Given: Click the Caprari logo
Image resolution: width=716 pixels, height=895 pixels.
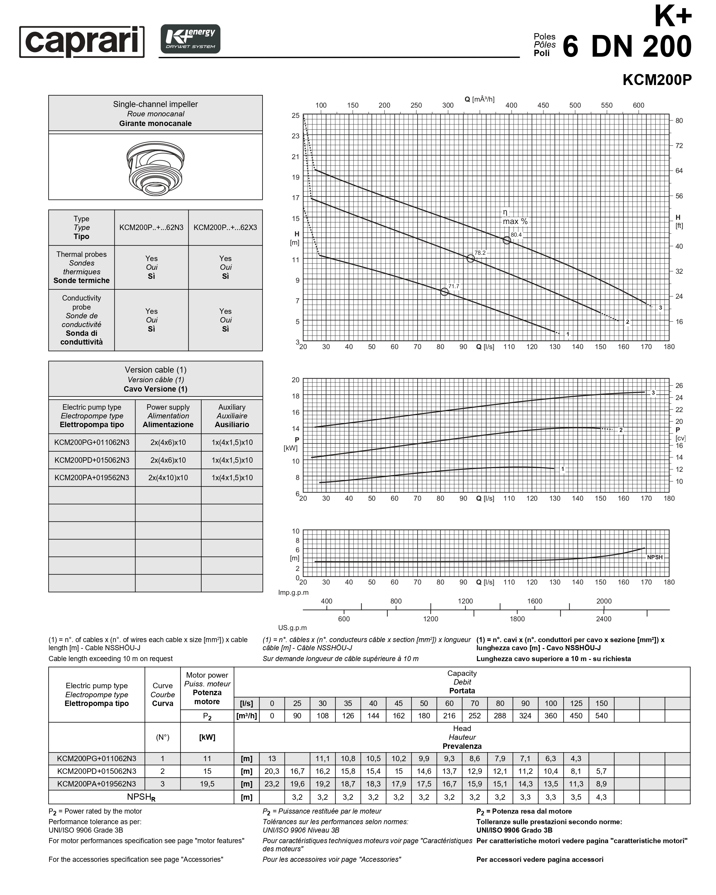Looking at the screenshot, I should [x=82, y=42].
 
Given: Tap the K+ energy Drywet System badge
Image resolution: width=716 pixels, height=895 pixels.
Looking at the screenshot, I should [x=190, y=39].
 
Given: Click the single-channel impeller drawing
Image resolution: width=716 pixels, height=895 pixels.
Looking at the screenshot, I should [x=155, y=167].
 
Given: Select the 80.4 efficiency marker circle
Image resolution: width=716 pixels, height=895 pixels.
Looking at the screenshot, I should [x=507, y=240].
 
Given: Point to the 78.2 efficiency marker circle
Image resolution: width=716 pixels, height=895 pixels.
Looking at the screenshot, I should [x=470, y=259].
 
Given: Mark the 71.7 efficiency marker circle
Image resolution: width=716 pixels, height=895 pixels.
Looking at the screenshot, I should [x=444, y=292].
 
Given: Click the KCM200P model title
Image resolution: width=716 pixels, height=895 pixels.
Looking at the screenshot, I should [x=657, y=80].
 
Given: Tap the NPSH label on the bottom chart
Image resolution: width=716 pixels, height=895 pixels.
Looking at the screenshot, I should [x=654, y=557].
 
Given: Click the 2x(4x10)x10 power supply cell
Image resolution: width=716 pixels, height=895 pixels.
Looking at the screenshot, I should [x=168, y=477].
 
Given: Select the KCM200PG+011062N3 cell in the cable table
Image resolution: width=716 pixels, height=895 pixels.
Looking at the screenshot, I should [x=92, y=442].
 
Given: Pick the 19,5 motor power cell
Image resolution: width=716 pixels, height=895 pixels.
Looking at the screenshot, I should [x=207, y=784].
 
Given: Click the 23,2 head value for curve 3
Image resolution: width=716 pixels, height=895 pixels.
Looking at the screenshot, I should [x=272, y=784].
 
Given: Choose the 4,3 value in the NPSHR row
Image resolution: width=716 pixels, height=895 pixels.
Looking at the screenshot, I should [x=601, y=797].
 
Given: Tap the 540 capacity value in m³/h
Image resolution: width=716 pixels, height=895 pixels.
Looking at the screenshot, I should [x=601, y=716].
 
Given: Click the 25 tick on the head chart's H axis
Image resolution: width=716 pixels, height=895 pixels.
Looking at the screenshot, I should [x=295, y=115].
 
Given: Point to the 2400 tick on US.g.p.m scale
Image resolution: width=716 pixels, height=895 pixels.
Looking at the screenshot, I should [x=603, y=619].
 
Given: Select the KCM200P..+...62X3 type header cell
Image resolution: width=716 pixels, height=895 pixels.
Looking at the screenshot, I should [x=225, y=228].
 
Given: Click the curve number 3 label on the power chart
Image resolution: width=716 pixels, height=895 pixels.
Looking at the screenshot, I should [x=653, y=393].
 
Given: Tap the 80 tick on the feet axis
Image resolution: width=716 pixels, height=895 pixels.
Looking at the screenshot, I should [x=679, y=121].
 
